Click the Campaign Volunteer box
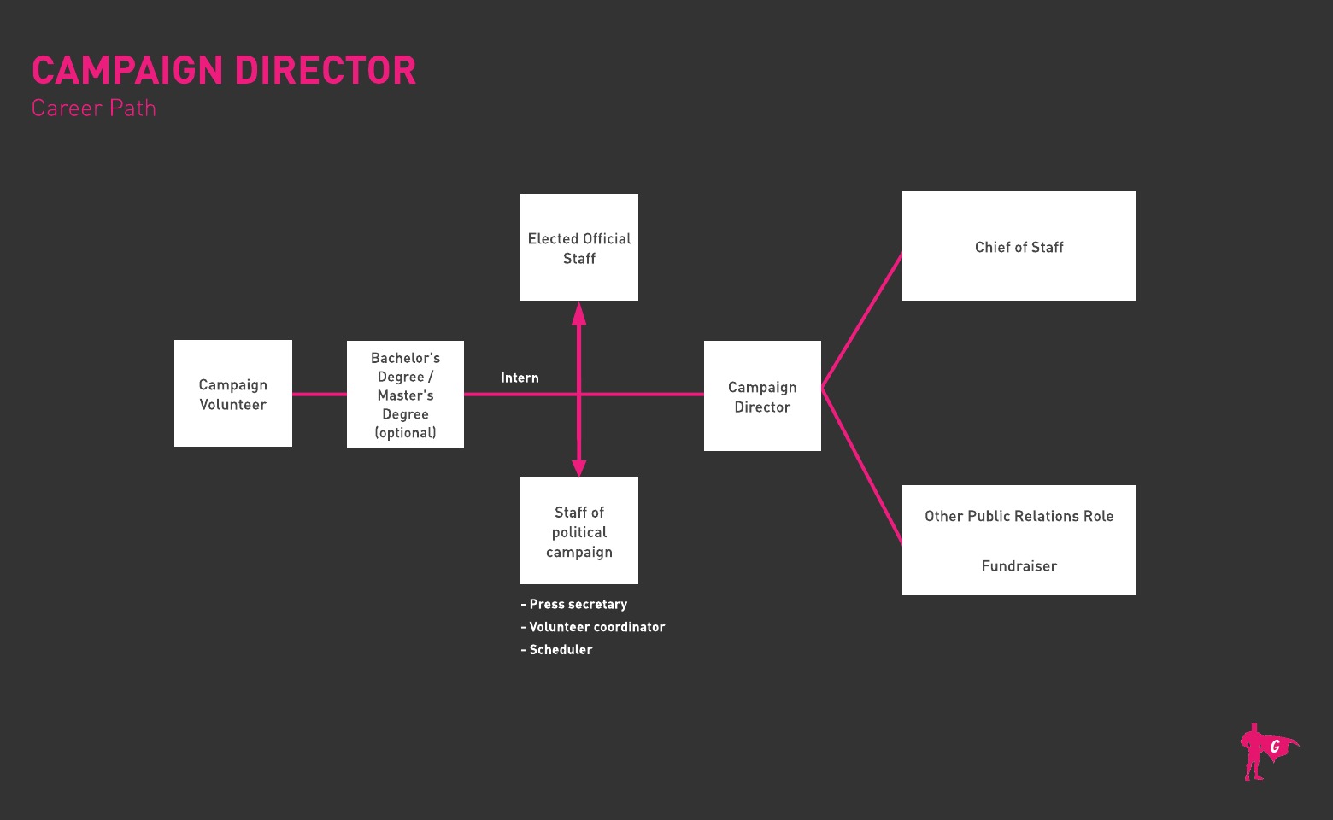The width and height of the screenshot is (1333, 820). [233, 394]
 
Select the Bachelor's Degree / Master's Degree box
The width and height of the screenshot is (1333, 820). [405, 395]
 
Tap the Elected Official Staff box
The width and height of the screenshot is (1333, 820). [579, 248]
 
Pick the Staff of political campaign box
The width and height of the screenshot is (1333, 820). [579, 531]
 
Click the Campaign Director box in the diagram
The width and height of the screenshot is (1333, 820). [762, 396]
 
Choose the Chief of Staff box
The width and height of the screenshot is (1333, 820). [1019, 247]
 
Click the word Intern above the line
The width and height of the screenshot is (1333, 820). [520, 378]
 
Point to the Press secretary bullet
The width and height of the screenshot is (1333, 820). [574, 604]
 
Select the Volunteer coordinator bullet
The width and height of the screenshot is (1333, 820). [593, 627]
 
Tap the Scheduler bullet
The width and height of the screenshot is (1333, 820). [557, 650]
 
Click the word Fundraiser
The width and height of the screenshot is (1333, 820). [1019, 566]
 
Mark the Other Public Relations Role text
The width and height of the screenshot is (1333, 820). [1019, 516]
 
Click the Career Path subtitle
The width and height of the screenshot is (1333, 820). [94, 108]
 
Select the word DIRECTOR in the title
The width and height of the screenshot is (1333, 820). [326, 71]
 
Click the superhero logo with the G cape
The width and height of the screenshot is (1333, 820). [1266, 752]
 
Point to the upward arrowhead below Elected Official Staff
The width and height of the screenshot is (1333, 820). [579, 313]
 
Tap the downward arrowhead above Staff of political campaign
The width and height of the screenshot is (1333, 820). [579, 466]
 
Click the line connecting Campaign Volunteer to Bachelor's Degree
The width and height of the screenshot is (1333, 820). [320, 395]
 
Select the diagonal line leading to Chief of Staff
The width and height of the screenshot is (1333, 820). [862, 320]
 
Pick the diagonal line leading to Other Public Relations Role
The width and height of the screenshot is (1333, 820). [862, 466]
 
